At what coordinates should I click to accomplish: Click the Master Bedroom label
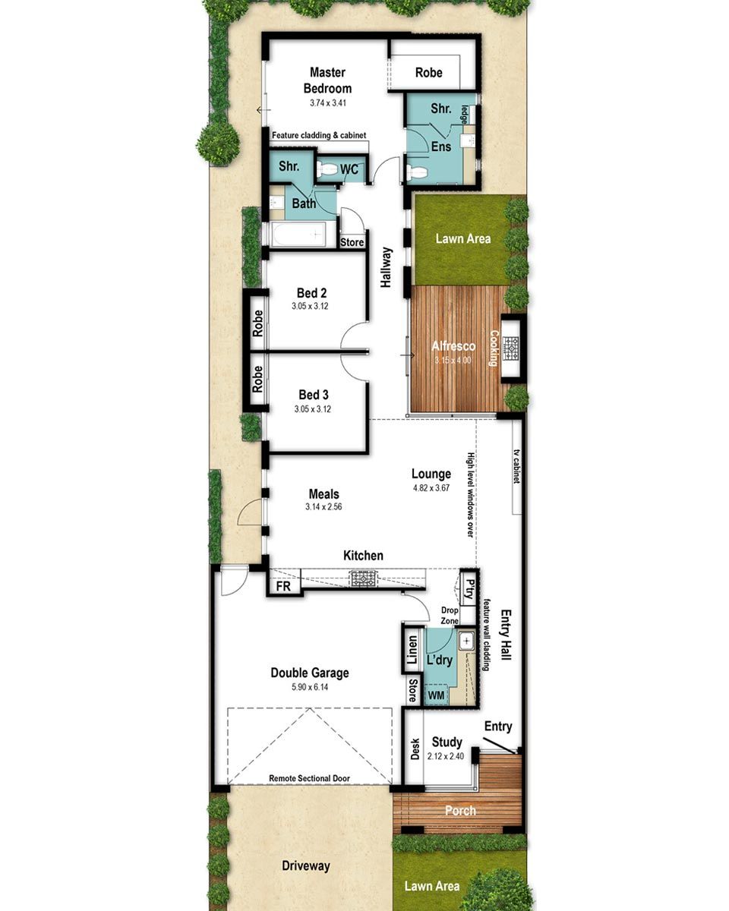(x=327, y=80)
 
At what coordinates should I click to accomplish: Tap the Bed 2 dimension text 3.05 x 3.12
(x=309, y=307)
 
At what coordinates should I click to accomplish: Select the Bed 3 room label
(x=313, y=395)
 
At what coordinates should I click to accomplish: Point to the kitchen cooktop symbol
(x=363, y=579)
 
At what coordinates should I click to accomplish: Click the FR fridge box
(x=282, y=587)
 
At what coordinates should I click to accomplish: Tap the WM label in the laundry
(x=436, y=695)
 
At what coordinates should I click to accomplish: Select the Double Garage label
(x=309, y=673)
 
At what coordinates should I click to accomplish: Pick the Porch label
(x=460, y=811)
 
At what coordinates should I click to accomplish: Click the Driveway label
(x=305, y=865)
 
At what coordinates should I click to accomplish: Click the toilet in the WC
(x=328, y=169)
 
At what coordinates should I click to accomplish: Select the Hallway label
(x=387, y=267)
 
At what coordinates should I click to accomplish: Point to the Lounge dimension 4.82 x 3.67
(x=431, y=488)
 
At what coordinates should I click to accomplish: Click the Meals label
(x=323, y=494)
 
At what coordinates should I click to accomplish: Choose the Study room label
(x=447, y=742)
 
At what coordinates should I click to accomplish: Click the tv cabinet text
(x=516, y=468)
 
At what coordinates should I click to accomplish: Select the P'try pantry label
(x=470, y=589)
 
